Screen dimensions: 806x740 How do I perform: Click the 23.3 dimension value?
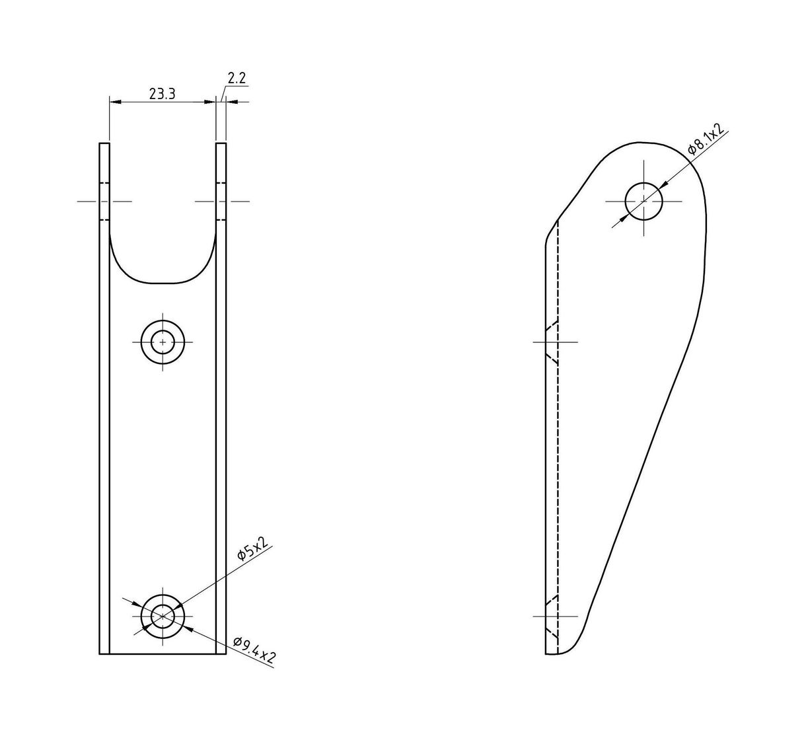[163, 94]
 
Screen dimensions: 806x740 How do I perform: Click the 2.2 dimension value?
[237, 77]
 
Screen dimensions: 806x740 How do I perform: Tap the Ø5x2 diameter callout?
[253, 548]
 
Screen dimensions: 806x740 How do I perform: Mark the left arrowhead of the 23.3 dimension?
[115, 102]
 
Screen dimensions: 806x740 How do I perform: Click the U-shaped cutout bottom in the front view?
[163, 283]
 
